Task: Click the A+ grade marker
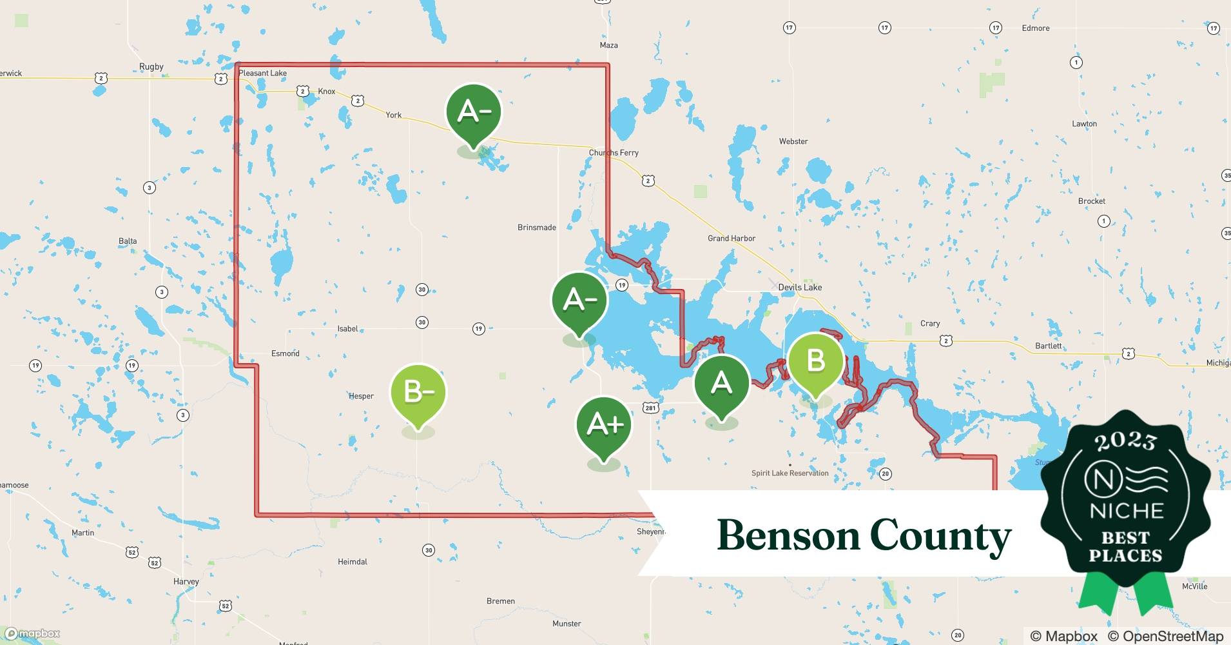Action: click(604, 424)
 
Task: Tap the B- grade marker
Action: click(418, 391)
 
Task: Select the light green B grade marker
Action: click(815, 361)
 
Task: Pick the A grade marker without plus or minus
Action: click(721, 383)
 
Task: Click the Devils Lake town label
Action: click(800, 287)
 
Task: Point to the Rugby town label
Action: click(151, 66)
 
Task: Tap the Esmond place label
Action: click(285, 353)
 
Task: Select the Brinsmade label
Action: click(536, 227)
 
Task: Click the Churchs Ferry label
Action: click(614, 153)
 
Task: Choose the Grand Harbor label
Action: click(732, 238)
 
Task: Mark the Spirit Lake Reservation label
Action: click(790, 473)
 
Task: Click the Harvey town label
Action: click(186, 581)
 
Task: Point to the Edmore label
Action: click(1036, 28)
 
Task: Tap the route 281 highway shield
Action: click(650, 408)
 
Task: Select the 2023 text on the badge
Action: click(1125, 441)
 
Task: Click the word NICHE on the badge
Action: click(1126, 511)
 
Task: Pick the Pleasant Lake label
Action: click(262, 73)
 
